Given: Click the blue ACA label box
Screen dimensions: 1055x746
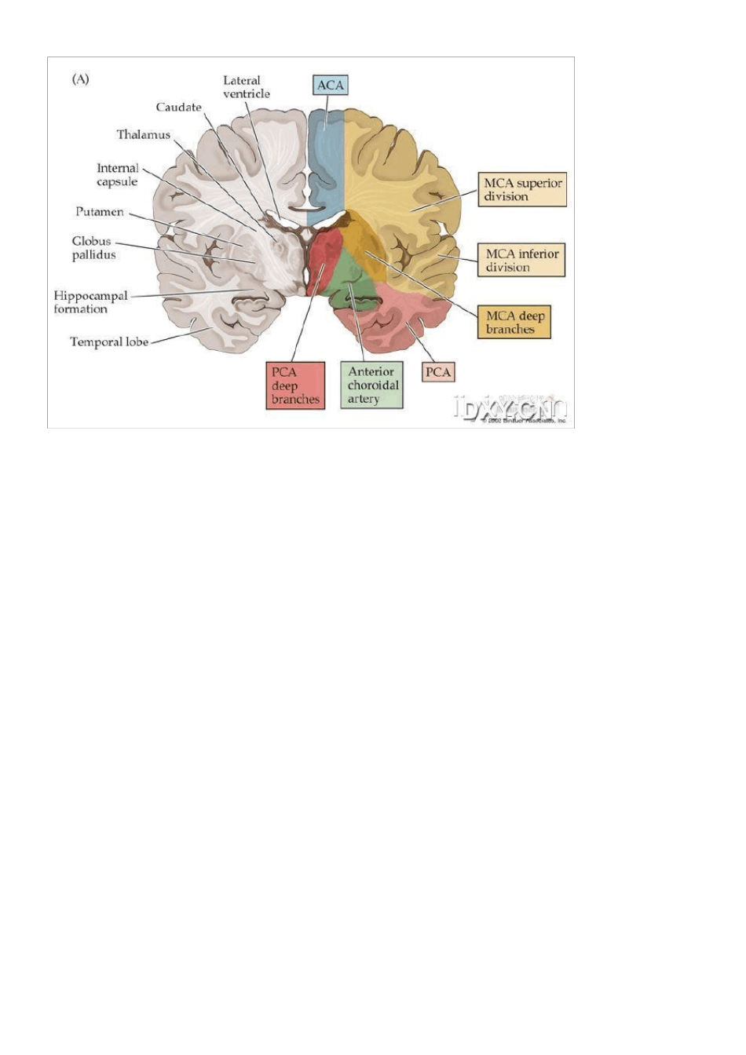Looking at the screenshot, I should (x=331, y=85).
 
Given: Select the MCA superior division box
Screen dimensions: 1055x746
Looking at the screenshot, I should (x=522, y=190).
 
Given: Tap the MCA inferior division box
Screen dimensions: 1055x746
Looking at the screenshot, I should (x=521, y=260).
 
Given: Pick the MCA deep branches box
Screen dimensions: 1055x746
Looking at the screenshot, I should (x=514, y=323).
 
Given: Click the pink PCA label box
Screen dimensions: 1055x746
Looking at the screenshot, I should (x=438, y=371).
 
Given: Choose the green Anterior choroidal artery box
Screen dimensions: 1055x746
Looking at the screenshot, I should (x=372, y=385).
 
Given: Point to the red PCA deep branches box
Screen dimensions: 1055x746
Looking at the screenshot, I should (x=295, y=385).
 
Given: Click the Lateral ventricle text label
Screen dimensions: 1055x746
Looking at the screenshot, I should (x=246, y=87).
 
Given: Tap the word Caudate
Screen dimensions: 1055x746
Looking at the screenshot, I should (x=178, y=108).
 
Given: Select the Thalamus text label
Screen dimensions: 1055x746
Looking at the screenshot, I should (x=144, y=135).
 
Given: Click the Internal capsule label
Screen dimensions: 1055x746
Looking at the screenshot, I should (x=117, y=175).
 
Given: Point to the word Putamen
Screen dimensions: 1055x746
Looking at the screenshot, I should (x=100, y=212).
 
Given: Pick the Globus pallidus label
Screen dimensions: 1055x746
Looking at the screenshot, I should (x=93, y=248).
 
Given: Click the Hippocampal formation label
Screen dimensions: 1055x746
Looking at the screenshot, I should (x=90, y=302).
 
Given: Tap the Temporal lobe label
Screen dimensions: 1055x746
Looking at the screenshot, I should (x=109, y=342).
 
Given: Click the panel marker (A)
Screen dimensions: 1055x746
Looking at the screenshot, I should (x=81, y=79).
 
